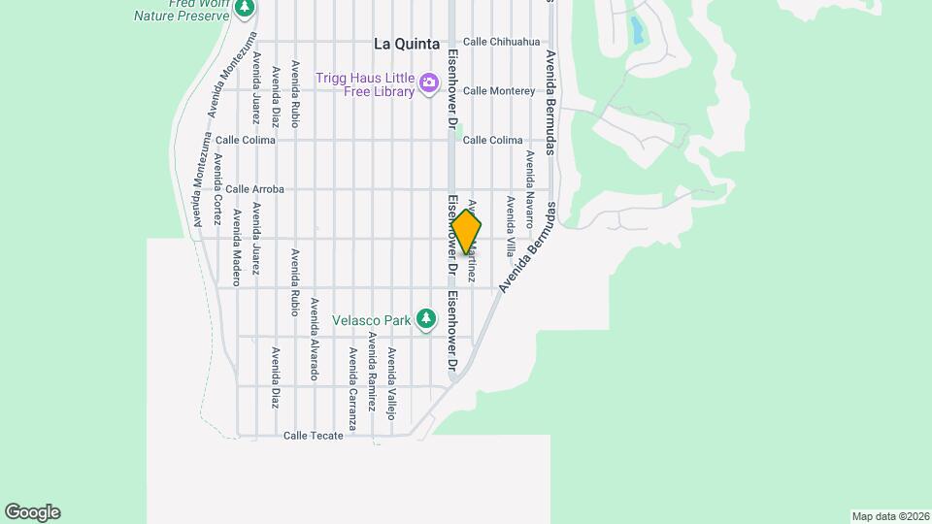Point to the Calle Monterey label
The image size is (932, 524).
tap(499, 91)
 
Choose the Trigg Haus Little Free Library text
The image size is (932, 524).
tap(365, 84)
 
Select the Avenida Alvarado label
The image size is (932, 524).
tap(314, 339)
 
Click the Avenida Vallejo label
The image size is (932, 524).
tap(391, 382)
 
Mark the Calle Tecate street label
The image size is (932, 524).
tap(313, 436)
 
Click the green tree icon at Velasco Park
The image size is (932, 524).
tap(425, 318)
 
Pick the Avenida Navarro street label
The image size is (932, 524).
tap(530, 188)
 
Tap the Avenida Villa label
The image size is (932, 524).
tap(510, 226)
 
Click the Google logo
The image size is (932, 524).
tap(32, 512)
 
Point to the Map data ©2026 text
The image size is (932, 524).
tap(889, 516)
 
